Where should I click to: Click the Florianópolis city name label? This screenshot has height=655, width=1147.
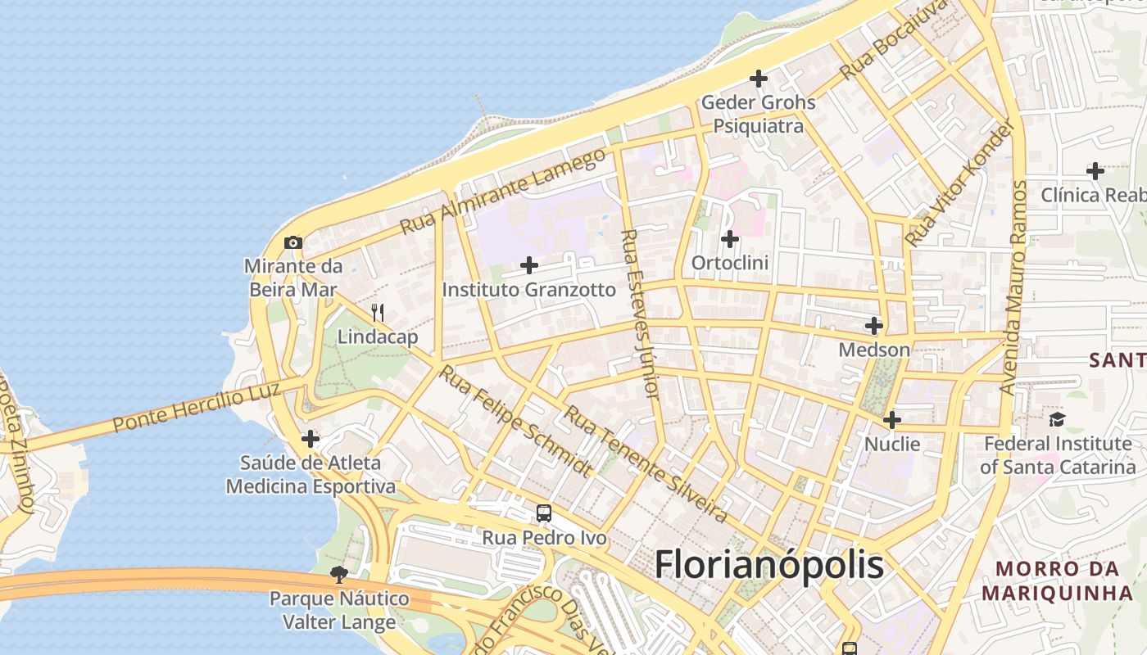coord(769,565)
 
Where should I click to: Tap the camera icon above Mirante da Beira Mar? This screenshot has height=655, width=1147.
coord(292,242)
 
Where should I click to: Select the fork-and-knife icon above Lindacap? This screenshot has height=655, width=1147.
coord(378,312)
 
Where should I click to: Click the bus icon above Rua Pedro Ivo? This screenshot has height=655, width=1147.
coord(544,513)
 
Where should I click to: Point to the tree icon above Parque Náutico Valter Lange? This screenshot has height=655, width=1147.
coord(338,574)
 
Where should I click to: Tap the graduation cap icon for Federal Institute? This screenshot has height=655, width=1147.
coord(1057,419)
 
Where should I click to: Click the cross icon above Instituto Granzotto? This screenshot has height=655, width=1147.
coord(529,265)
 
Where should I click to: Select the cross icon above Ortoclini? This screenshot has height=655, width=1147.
coord(729,239)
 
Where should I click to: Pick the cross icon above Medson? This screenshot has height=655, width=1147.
coord(874,326)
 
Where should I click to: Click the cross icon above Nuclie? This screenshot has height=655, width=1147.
coord(892,420)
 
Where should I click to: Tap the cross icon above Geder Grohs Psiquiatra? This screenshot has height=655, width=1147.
coord(759,79)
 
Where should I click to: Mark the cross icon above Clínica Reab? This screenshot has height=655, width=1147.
coord(1095,171)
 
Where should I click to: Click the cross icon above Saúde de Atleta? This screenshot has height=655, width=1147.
coord(310,439)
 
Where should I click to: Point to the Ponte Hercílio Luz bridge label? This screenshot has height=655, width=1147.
coord(197,407)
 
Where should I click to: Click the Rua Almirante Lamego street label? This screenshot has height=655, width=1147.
coord(503,191)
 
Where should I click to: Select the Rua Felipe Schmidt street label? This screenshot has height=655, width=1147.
coord(515,421)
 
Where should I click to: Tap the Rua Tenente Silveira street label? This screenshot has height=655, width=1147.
coord(645,464)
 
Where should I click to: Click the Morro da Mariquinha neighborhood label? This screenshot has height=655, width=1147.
coord(1057,580)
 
